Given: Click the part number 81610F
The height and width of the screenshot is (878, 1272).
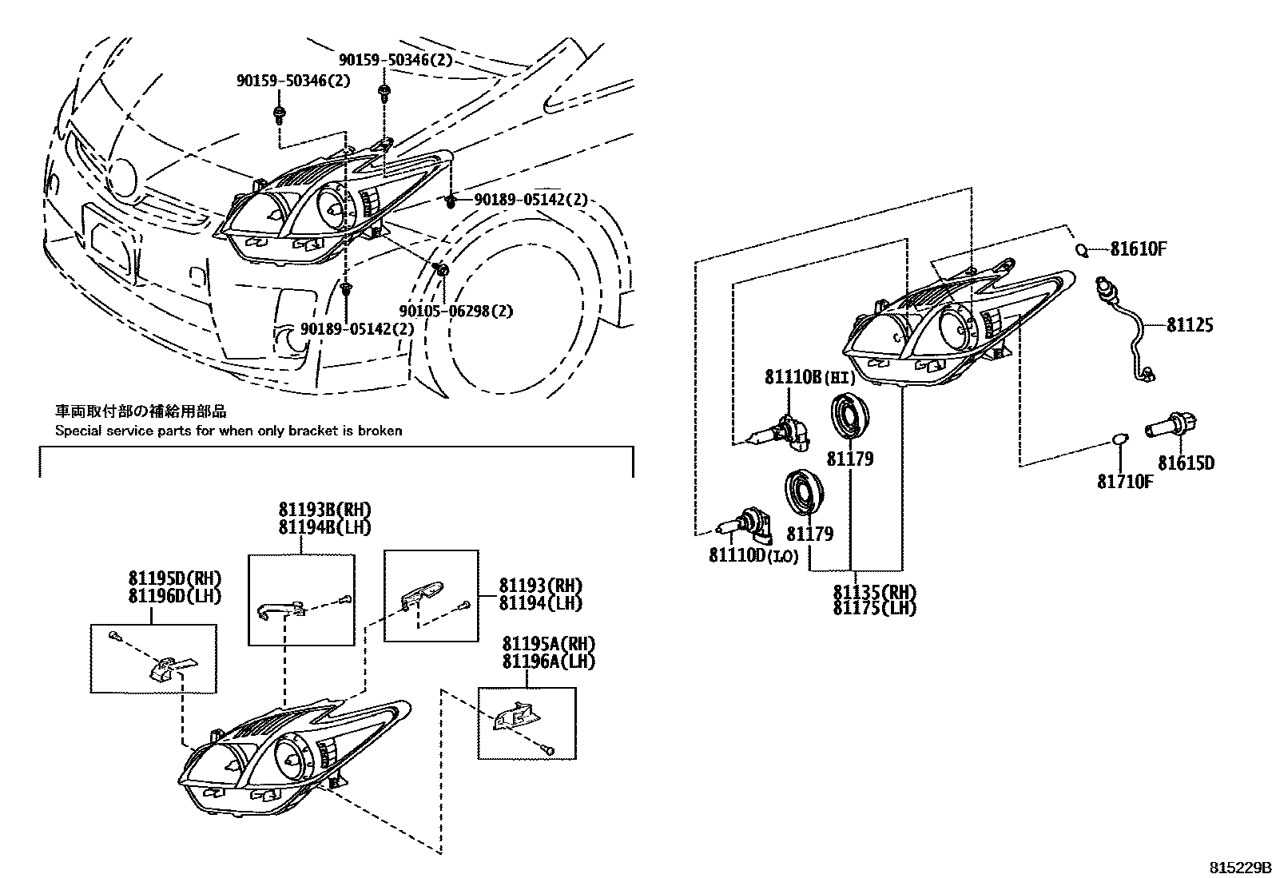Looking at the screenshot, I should point(1139,249).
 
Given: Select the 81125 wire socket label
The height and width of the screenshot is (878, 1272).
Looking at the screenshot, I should point(1189,325).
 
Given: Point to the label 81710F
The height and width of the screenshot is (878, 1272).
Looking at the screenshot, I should point(1124,481).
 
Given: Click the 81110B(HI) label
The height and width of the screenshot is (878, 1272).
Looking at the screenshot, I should point(809,377).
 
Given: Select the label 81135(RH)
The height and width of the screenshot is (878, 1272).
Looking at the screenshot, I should point(874,592).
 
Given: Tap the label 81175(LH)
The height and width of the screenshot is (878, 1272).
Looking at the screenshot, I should point(874,608).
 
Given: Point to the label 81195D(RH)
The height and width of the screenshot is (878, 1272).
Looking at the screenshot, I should point(174,578).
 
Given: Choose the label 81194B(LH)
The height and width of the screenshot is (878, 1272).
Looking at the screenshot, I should point(324,527).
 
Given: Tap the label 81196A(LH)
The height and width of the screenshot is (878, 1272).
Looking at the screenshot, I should point(548,661).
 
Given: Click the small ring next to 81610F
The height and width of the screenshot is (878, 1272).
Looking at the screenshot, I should point(1082,250).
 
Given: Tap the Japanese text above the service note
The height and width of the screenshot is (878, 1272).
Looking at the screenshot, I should point(141,411).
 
